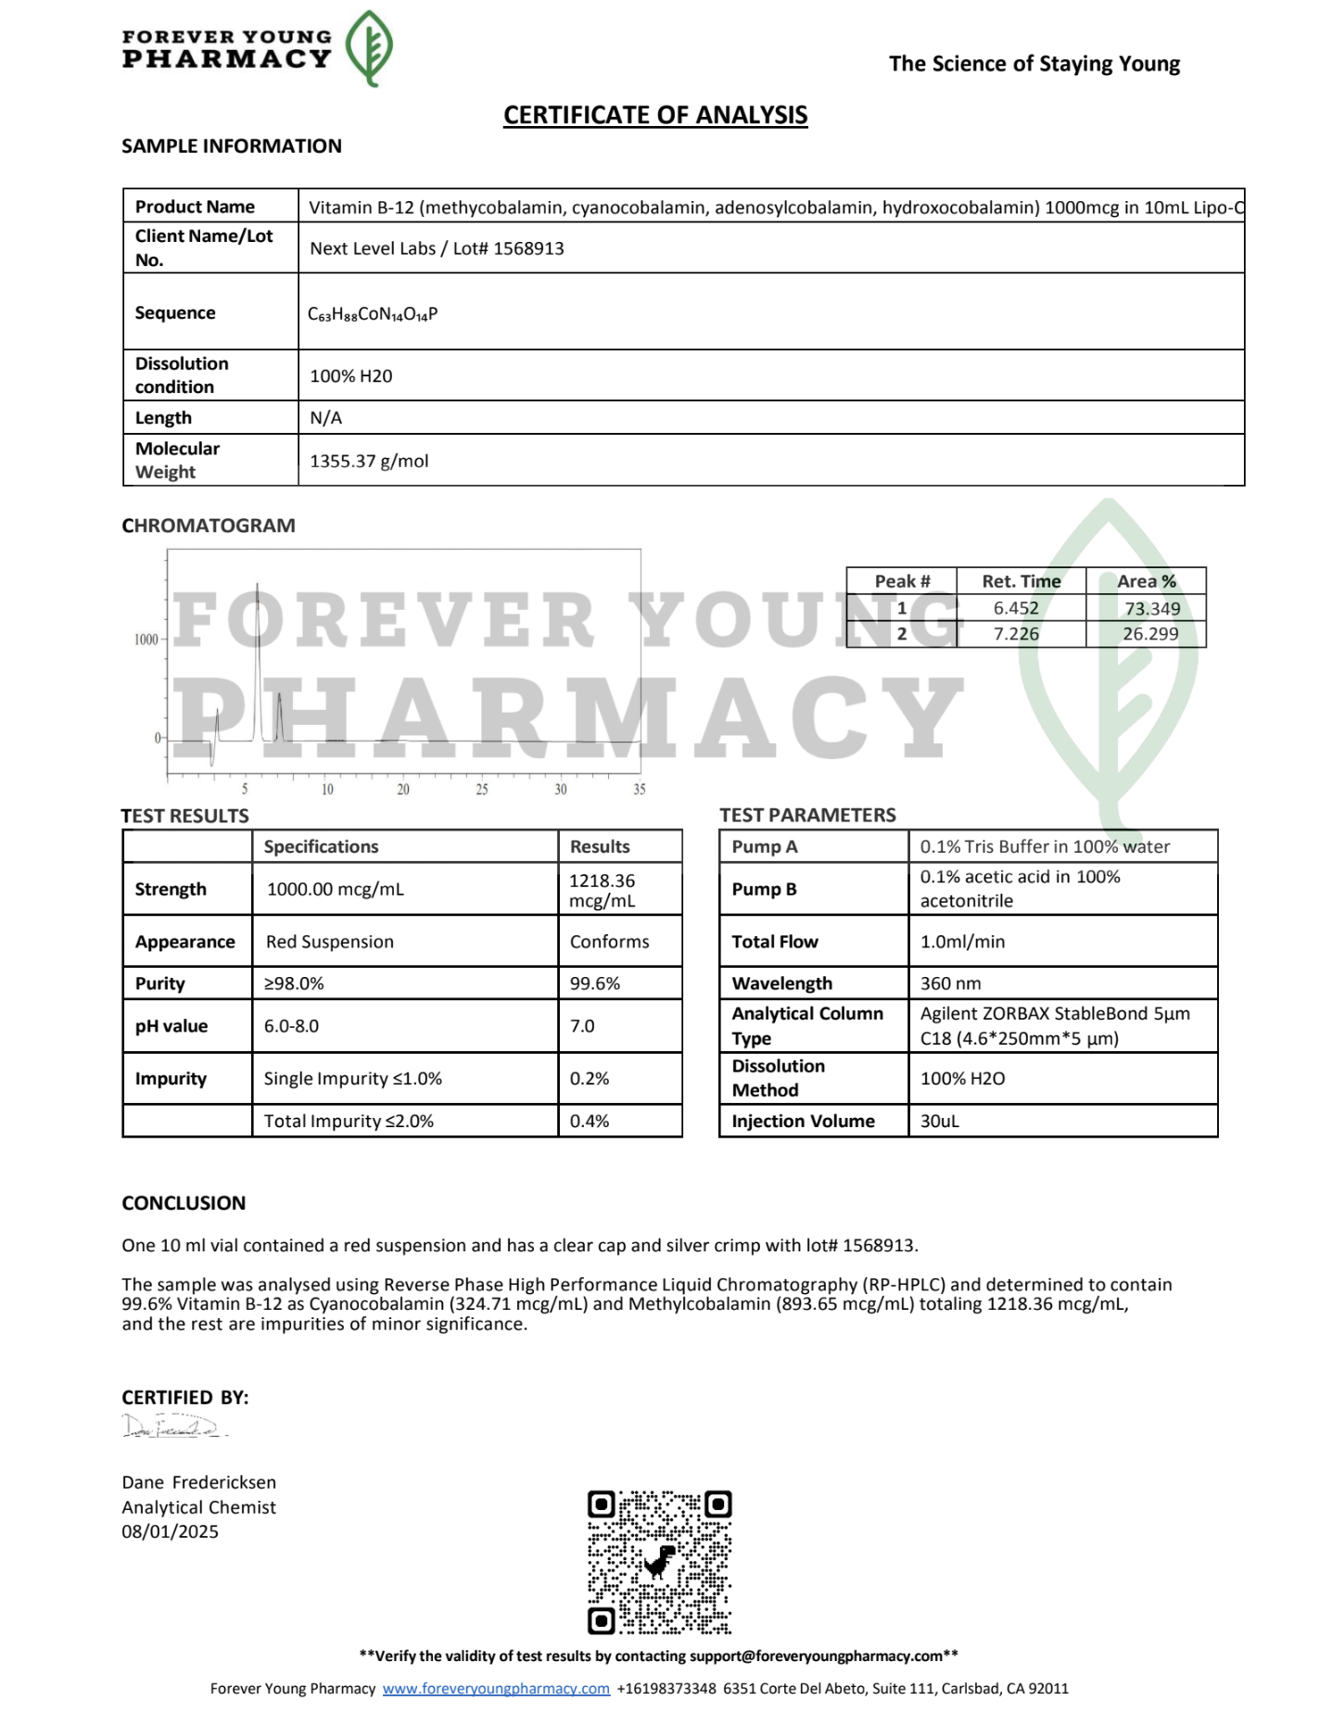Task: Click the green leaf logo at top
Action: [369, 48]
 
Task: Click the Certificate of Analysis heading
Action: [655, 115]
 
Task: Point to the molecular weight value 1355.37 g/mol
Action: [369, 461]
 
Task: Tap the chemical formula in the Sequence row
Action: [373, 314]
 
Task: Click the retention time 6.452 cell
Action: [1016, 608]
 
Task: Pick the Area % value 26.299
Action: [1150, 634]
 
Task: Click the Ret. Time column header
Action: [1021, 581]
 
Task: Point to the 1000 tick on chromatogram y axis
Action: [146, 640]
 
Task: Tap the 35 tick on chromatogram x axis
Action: [640, 790]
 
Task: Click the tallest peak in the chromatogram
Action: [258, 593]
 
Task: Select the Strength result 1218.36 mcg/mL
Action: [603, 890]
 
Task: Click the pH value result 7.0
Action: [582, 1026]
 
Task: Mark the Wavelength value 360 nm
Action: [950, 983]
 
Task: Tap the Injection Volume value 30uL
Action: [939, 1121]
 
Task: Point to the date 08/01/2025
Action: [171, 1531]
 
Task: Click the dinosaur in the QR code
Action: [660, 1561]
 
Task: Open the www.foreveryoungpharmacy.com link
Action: [496, 1688]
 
